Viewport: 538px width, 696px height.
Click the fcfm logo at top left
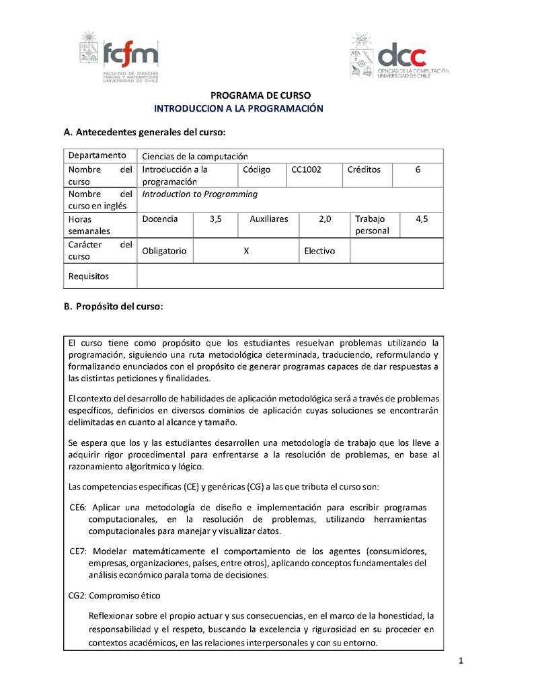coord(119,58)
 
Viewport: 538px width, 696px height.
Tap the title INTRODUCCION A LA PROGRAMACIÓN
coord(239,108)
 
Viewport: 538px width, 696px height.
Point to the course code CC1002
coord(306,170)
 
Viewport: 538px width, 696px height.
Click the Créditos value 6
coord(418,170)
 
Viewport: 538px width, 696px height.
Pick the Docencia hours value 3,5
coord(215,219)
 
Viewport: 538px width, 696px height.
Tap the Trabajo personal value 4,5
coord(422,219)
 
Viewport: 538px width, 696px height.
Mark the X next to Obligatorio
coord(246,251)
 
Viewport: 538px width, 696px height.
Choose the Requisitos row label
coord(89,276)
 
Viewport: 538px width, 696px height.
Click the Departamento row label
coord(97,156)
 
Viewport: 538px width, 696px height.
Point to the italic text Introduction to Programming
coord(200,194)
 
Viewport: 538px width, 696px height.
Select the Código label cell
coord(257,170)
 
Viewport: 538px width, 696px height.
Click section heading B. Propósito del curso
coord(113,307)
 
